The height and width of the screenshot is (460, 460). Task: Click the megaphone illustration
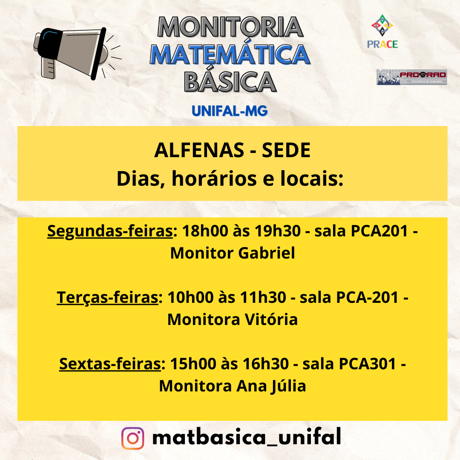tap(77, 53)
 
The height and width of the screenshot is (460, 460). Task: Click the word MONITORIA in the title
tap(230, 27)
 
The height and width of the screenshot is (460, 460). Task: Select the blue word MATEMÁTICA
tap(230, 55)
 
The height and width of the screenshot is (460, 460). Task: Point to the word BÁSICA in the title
tap(230, 81)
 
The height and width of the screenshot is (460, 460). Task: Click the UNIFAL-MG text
tap(230, 111)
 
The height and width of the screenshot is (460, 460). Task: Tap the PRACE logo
tap(382, 32)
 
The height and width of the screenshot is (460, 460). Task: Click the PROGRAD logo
tap(411, 77)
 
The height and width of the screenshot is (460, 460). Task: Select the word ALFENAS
tap(199, 150)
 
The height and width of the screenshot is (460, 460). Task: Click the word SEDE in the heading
tap(286, 150)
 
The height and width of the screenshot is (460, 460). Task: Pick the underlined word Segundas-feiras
tap(110, 231)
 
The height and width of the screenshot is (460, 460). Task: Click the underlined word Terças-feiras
tap(107, 297)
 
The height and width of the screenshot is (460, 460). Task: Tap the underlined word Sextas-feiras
tap(110, 364)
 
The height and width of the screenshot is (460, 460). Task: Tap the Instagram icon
tap(132, 438)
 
